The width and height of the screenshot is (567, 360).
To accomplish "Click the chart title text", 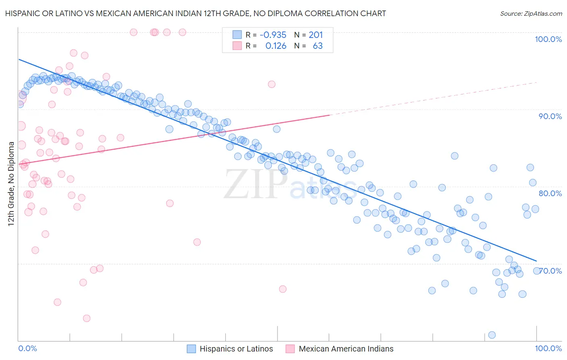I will (x=195, y=13).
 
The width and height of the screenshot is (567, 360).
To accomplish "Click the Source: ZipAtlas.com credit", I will (x=531, y=13).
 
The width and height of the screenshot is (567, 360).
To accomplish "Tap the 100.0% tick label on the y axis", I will (x=548, y=39).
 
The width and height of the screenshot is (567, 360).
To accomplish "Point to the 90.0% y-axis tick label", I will (x=550, y=116).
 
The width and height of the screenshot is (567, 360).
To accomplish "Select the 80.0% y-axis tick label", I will (x=550, y=193).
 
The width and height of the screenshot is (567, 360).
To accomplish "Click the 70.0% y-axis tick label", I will (x=551, y=270).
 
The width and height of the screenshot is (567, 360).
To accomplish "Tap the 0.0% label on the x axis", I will (x=27, y=348).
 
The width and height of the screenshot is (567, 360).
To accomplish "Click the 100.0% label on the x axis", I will (x=548, y=348).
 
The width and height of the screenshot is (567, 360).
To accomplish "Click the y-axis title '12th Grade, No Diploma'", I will (x=11, y=184).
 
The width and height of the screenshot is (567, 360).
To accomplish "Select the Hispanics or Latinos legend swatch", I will (x=191, y=349).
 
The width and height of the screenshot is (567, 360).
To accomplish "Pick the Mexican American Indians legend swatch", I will (x=290, y=349).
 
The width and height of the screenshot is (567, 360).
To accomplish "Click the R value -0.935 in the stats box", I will (x=273, y=35).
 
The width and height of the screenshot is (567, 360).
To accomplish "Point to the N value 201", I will (x=316, y=35).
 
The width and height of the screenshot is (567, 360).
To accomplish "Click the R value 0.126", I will (x=276, y=46).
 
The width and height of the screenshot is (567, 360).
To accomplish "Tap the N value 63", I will (x=318, y=46).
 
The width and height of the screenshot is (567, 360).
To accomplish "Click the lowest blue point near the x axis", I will (x=492, y=335).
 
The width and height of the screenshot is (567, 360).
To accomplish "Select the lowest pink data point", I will (x=86, y=318).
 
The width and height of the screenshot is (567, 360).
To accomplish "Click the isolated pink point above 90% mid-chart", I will (x=271, y=84).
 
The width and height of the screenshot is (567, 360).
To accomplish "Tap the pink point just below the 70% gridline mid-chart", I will (x=283, y=289).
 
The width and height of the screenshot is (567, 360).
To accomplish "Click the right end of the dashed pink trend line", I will (x=537, y=82).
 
